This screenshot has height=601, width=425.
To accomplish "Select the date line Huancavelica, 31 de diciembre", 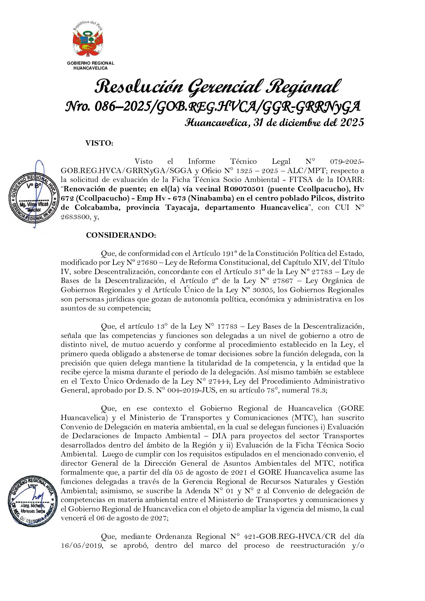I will pyautogui.click(x=274, y=123).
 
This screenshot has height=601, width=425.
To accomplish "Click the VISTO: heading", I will pyautogui.click(x=99, y=143).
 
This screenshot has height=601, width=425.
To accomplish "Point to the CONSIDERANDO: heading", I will pyautogui.click(x=121, y=235).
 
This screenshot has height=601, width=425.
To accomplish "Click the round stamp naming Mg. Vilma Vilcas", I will pyautogui.click(x=33, y=198).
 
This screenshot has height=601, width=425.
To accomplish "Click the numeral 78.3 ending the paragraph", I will pyautogui.click(x=319, y=390).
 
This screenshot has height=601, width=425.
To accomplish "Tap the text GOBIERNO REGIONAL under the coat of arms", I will pyautogui.click(x=91, y=63).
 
